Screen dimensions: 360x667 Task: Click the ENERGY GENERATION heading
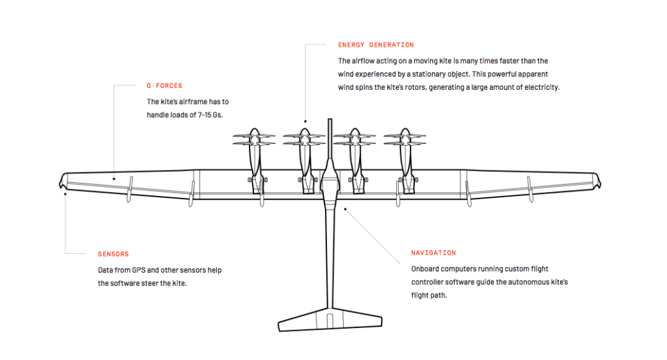(376, 45)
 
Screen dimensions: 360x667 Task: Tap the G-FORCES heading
(164, 85)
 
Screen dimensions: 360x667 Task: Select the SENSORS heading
(113, 254)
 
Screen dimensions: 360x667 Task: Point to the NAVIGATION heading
(433, 253)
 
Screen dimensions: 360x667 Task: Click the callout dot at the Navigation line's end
(345, 209)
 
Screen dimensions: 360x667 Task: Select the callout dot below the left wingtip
(65, 193)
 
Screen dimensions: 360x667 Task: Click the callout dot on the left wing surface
(113, 177)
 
